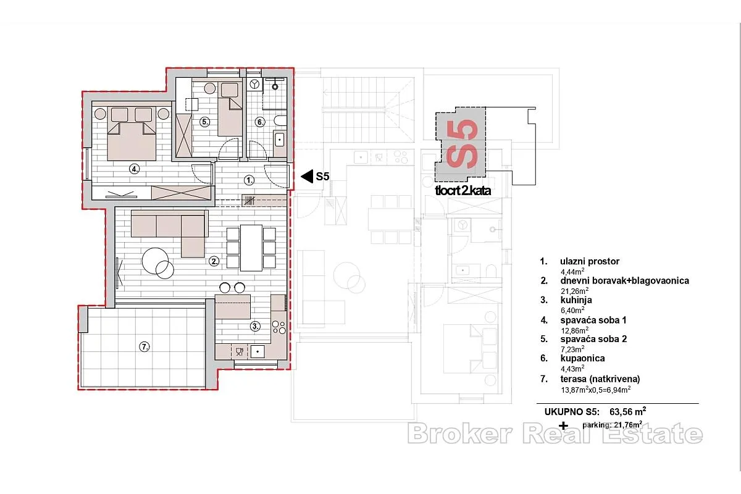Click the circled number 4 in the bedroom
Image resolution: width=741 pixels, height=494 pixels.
[134, 169]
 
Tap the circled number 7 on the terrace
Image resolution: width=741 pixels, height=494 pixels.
[144, 347]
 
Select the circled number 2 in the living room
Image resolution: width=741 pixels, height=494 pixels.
[214, 261]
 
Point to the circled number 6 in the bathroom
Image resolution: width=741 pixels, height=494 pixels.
[260, 122]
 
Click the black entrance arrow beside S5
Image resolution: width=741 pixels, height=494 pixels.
[307, 177]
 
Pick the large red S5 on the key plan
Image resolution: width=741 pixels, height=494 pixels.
[462, 144]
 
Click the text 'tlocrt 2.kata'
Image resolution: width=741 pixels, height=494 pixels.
[463, 191]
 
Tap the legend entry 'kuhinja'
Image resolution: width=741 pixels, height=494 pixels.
[576, 300]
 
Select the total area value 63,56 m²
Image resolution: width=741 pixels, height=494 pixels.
[628, 412]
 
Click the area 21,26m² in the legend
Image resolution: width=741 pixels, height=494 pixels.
[575, 291]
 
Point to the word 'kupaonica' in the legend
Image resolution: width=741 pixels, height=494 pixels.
[582, 358]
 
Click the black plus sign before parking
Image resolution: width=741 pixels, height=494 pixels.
[563, 426]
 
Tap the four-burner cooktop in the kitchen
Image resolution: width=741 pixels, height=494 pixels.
[279, 327]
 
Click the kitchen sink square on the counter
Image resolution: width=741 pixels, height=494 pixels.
[257, 351]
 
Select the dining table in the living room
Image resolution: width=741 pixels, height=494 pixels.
[251, 248]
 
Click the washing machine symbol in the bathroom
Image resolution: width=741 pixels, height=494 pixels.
[254, 85]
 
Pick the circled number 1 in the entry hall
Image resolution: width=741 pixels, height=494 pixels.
[249, 180]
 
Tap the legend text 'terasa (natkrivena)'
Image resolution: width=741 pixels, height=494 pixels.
[600, 379]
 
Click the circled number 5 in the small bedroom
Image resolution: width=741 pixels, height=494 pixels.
[205, 122]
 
